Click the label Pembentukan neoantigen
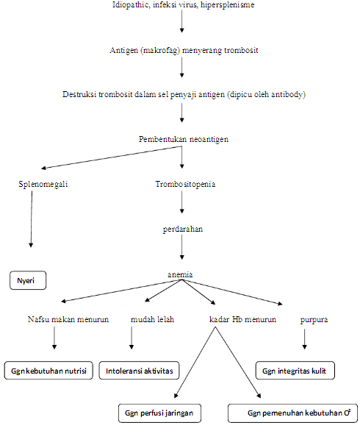tap(181, 139)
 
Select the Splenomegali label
tap(43, 183)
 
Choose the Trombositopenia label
tap(184, 183)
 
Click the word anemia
tap(181, 274)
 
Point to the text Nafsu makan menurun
tap(68, 320)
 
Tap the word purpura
tap(314, 321)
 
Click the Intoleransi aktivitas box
tap(139, 371)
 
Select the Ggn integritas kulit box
tap(295, 371)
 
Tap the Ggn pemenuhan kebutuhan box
tap(293, 412)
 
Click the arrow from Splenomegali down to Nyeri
tap(31, 221)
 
